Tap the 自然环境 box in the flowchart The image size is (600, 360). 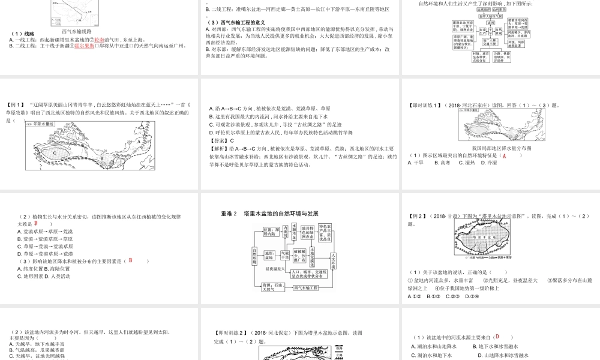tap(254, 256)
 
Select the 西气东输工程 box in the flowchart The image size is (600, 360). tap(305, 288)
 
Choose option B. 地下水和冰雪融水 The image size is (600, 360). tap(499, 346)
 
